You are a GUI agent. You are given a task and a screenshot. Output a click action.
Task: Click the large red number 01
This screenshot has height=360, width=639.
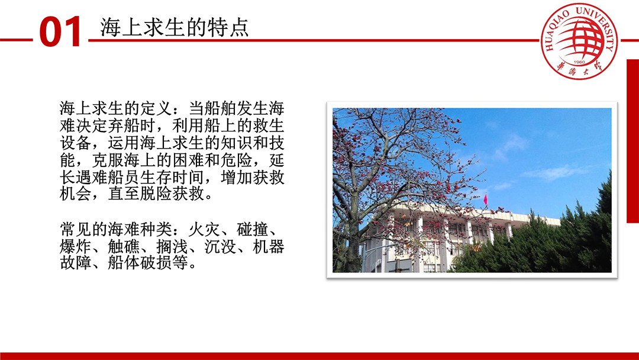tap(61, 32)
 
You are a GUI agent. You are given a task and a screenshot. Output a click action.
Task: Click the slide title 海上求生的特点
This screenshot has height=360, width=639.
tap(175, 28)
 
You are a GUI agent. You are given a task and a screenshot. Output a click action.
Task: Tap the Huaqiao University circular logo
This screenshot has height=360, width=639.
tap(579, 41)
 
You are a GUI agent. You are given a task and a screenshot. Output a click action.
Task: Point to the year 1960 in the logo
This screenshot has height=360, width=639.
tap(579, 62)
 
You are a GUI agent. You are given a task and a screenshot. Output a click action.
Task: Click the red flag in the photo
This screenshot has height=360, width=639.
tap(485, 200)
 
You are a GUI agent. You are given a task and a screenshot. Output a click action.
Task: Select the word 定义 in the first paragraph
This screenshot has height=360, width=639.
tap(156, 108)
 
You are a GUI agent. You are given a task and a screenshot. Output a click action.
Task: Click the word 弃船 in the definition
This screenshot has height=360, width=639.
tap(124, 126)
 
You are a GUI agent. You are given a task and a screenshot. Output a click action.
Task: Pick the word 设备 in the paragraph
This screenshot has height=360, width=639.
tap(76, 143)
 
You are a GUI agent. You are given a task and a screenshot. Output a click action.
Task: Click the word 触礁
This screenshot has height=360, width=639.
tap(124, 247)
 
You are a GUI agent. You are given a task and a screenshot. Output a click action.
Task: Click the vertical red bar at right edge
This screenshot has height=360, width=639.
tap(633, 141)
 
